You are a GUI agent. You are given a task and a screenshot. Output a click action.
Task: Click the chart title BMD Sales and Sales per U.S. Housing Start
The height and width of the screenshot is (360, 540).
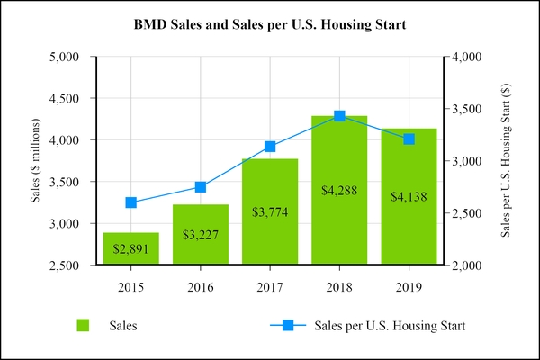(x=270, y=24)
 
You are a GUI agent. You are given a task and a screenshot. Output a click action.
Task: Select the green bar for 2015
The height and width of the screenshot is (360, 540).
(x=130, y=248)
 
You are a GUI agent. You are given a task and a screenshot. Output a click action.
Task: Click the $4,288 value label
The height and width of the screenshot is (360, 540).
(x=339, y=190)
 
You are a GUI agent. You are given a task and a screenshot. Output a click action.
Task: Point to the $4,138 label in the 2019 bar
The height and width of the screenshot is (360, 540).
(x=409, y=196)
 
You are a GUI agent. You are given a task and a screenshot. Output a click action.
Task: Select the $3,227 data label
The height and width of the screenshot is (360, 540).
(x=200, y=235)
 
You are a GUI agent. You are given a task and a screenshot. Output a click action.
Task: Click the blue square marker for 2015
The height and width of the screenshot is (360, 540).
(x=130, y=202)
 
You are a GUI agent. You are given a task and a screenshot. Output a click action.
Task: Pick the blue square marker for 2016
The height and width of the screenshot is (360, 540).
(x=200, y=187)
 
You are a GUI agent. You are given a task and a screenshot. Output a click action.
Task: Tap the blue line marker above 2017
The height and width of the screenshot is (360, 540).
(x=270, y=147)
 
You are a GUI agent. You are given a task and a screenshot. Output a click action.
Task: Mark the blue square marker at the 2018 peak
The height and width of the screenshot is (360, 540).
(x=339, y=116)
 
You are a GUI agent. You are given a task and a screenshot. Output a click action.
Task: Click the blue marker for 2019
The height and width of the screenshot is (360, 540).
(x=409, y=139)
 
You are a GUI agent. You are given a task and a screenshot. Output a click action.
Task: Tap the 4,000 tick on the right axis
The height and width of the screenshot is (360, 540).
(x=469, y=57)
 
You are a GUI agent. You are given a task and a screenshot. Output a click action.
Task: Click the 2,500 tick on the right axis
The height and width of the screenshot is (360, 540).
(x=469, y=213)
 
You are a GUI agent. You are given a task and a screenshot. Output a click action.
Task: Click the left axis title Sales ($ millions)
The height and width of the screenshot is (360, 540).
(x=37, y=160)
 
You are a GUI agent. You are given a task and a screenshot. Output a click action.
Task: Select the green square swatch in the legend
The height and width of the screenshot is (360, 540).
(x=84, y=326)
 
